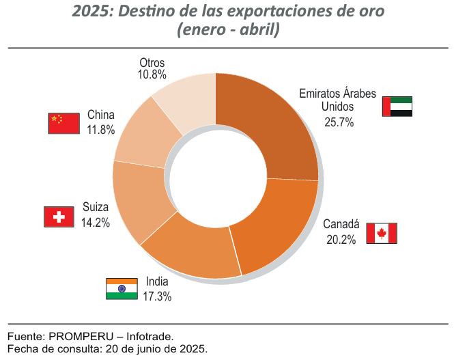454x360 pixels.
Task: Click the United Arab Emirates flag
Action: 397,107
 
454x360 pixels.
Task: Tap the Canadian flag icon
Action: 381,233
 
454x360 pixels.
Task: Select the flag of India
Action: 121,288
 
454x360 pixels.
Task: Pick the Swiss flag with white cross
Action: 59,217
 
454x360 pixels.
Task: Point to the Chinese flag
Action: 63,123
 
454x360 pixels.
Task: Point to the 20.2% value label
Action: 339,239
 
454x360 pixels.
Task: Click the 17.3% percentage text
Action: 157,296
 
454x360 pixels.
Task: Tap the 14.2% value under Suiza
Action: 96,222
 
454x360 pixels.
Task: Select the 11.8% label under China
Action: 100,129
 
